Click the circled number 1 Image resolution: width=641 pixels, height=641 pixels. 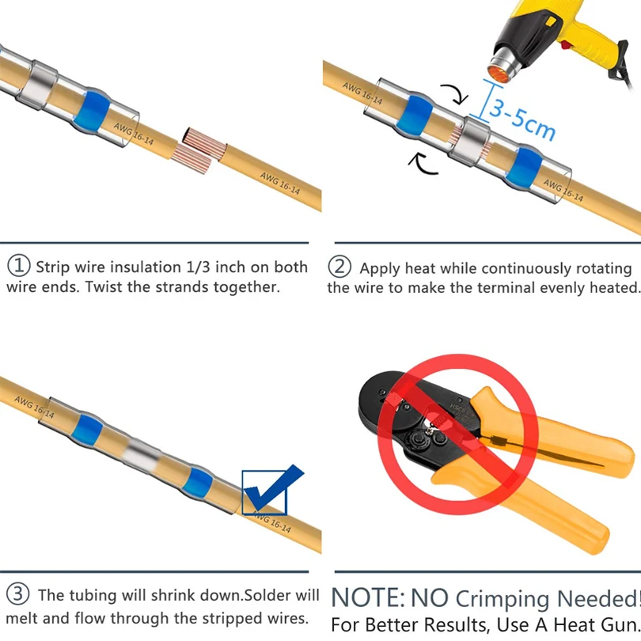point(18,267)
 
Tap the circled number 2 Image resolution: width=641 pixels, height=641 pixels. point(339,267)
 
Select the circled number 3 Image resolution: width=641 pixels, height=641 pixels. point(18,594)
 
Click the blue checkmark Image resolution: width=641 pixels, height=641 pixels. point(273,488)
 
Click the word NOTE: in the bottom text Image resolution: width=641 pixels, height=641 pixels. point(366,596)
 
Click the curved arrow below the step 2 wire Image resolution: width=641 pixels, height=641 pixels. point(423,163)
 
